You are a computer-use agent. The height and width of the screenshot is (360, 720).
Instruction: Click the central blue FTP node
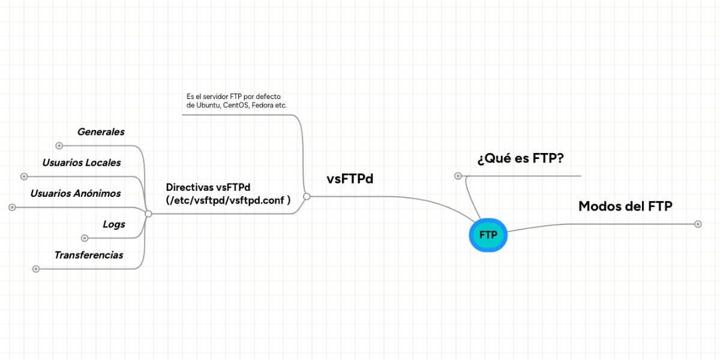[488, 235]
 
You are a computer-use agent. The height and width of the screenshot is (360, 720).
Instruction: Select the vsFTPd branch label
[350, 178]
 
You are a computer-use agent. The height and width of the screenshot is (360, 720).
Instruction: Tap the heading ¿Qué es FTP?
[520, 158]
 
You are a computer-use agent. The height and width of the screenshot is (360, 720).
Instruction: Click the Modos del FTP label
[625, 206]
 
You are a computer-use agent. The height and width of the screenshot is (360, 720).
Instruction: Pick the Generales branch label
[101, 132]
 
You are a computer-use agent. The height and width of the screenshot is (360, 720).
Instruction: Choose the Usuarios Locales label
[82, 163]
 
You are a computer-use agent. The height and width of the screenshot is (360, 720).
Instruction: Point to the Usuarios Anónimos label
[76, 193]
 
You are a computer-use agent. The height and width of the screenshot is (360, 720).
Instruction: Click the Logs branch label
[114, 224]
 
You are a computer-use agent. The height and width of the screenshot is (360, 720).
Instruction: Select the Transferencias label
[89, 255]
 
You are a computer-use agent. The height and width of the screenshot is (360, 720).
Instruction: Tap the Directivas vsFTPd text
[208, 187]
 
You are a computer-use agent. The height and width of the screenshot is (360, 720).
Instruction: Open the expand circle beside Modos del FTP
[698, 224]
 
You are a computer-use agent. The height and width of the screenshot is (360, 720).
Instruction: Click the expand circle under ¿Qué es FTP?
[458, 176]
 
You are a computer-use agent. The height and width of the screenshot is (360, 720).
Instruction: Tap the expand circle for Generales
[59, 145]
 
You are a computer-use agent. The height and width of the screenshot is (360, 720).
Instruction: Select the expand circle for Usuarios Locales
[24, 176]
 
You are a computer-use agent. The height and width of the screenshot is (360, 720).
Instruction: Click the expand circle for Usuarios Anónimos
[12, 207]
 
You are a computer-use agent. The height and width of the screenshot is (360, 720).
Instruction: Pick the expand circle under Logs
[85, 238]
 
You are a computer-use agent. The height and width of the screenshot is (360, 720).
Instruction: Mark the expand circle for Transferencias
[36, 269]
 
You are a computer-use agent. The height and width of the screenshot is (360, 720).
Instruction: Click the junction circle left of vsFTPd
[307, 196]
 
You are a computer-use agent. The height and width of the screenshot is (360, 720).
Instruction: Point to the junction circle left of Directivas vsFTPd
[148, 214]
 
